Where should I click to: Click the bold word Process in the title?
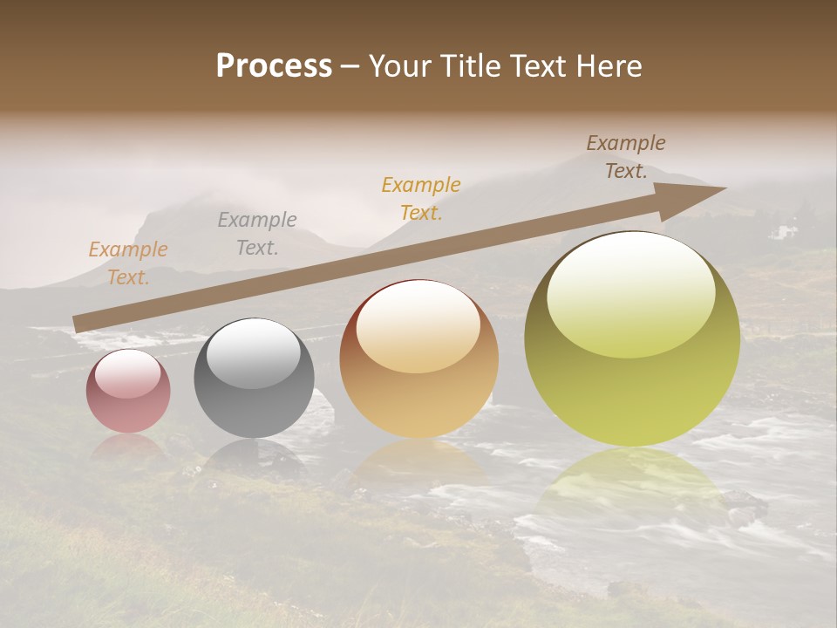click(x=274, y=65)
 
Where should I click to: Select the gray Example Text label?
click(x=257, y=234)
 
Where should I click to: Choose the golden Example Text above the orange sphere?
click(x=421, y=198)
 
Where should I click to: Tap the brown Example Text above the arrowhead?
click(x=626, y=157)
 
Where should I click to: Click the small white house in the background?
click(x=786, y=232)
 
